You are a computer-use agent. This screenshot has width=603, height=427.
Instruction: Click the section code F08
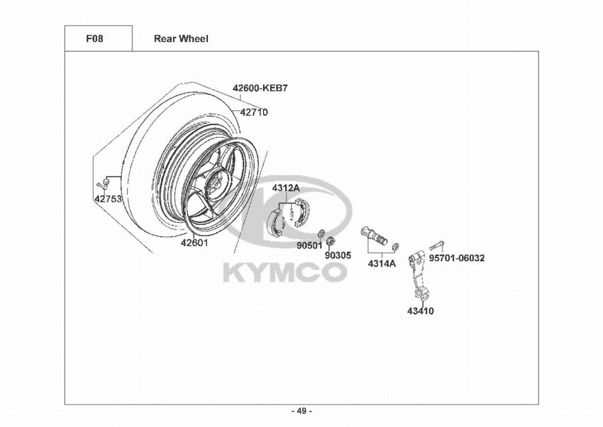[x=94, y=39]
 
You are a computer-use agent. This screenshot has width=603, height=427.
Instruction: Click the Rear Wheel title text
[x=181, y=39]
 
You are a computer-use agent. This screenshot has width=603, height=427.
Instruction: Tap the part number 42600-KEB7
[x=260, y=88]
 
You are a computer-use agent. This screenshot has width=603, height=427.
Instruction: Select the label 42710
[x=254, y=112]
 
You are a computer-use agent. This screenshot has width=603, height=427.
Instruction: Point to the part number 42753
[x=108, y=199]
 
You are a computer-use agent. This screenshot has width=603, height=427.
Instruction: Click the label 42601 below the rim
[x=194, y=243]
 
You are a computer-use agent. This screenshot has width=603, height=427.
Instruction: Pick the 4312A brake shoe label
[x=286, y=188]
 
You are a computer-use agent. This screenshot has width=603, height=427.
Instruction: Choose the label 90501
[x=309, y=245]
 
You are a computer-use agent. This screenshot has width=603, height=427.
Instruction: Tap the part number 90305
[x=338, y=255]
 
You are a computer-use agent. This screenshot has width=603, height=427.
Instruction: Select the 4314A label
[x=382, y=264]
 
